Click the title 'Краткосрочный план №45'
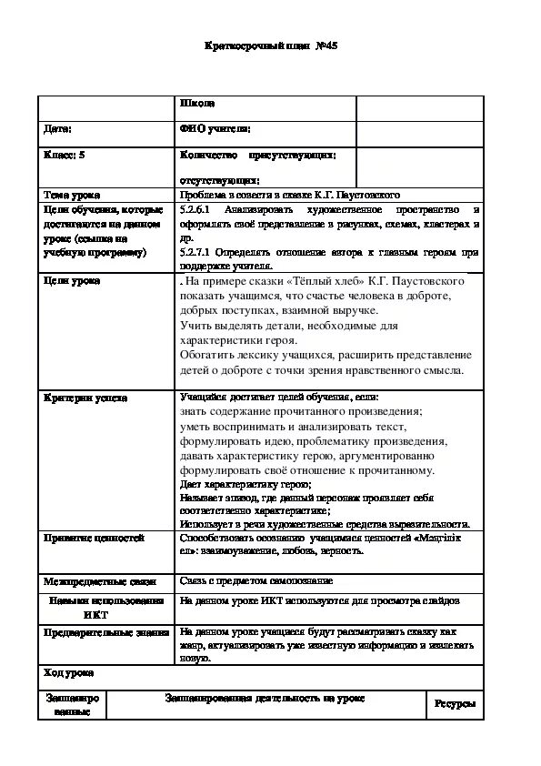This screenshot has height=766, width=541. pos(271,45)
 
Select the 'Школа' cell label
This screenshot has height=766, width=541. pos(197,104)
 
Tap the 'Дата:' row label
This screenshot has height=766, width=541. pos(59,130)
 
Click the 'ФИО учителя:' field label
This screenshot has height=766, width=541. pos(215,130)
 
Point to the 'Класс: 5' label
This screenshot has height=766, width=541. pos(65,156)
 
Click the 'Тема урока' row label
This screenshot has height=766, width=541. pos(72,195)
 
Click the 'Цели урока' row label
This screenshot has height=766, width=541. pos(72,280)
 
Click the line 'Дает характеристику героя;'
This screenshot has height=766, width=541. pos(245,485)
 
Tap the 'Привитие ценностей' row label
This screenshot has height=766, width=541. pos(94,538)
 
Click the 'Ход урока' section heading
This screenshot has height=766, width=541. pos(68,672)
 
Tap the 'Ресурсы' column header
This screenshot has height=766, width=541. pos(454,703)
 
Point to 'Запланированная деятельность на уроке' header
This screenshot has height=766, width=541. pos(265,698)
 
